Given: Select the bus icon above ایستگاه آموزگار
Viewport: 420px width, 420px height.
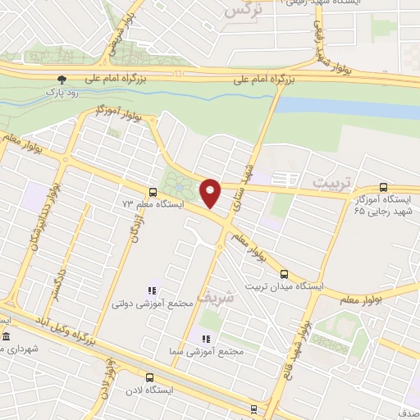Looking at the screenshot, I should coord(383,188).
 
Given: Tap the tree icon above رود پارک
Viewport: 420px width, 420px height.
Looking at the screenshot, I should coord(60,80).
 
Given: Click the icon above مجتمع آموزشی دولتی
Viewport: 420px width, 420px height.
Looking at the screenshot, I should coord(151,290).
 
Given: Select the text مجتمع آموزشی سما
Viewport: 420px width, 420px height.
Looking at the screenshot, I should coord(215,351).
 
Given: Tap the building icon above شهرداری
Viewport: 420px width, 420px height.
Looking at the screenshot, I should coord(6,337).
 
